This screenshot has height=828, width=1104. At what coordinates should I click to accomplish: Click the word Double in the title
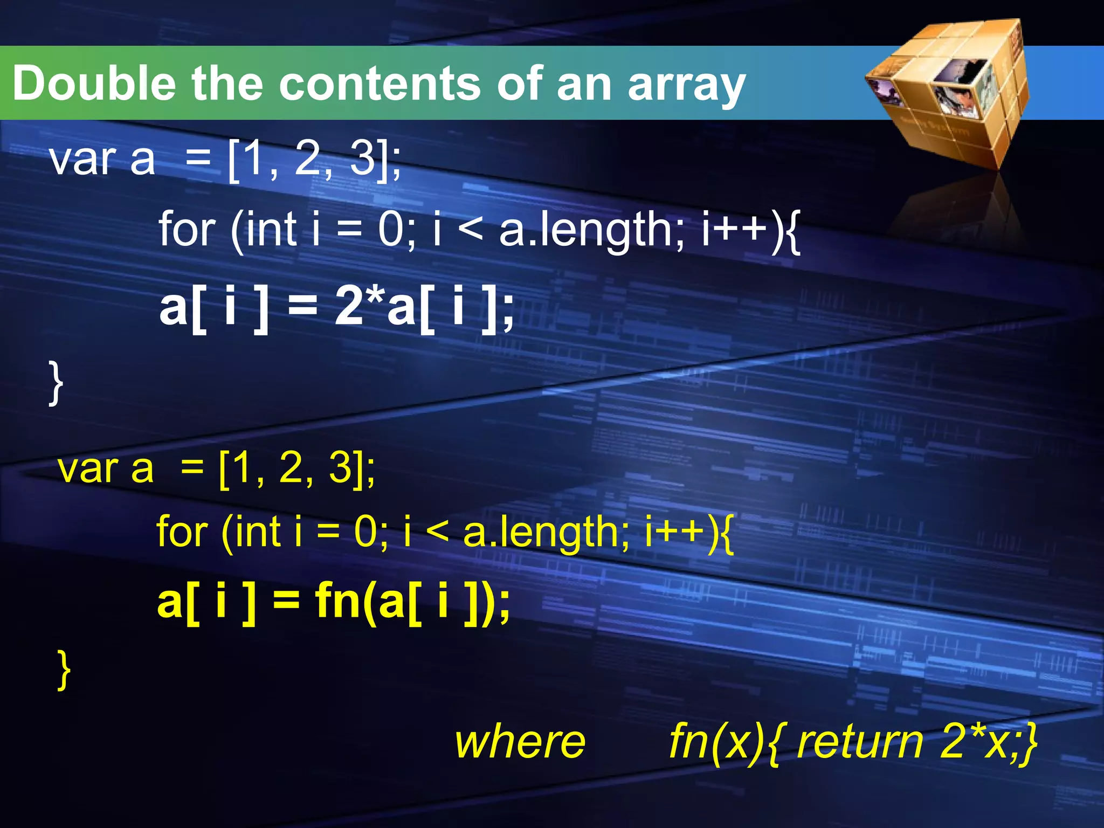point(94,84)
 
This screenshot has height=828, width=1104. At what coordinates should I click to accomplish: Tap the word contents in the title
point(381,84)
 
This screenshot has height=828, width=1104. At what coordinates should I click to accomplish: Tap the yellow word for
point(182,532)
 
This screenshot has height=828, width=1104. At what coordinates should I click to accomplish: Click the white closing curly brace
point(56,383)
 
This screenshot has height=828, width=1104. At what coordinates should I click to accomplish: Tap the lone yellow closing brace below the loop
point(64,670)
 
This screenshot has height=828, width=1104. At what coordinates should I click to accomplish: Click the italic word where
point(520,742)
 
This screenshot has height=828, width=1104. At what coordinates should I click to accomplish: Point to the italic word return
point(860,742)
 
